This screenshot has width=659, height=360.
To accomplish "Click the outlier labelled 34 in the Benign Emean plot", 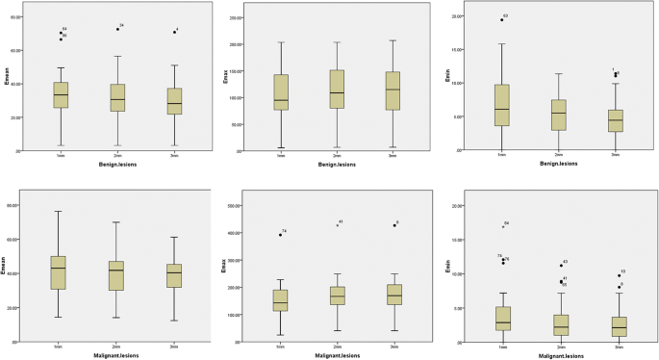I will [x=117, y=29].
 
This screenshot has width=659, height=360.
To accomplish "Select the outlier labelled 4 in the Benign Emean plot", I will [x=174, y=32].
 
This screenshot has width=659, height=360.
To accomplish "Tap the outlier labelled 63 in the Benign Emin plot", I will [x=500, y=19].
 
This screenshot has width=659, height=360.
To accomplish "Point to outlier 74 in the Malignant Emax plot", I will [x=280, y=235].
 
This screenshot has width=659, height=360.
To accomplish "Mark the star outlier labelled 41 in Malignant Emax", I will [x=337, y=225].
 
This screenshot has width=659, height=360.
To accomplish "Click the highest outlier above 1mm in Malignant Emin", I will [x=502, y=226].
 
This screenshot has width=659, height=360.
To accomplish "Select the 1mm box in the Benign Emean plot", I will [x=61, y=94].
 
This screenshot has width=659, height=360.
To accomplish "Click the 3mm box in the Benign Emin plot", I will [x=615, y=120].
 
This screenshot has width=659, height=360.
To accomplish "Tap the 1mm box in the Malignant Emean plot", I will [x=60, y=272].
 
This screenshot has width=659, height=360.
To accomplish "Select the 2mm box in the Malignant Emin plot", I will [x=558, y=324].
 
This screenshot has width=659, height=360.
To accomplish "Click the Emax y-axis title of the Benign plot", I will [x=228, y=77].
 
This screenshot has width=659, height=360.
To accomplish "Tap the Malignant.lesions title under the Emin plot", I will [x=558, y=355].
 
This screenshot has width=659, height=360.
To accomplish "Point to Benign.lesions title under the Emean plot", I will [x=117, y=165].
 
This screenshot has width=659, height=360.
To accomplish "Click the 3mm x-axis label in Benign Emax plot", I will [x=393, y=155].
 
